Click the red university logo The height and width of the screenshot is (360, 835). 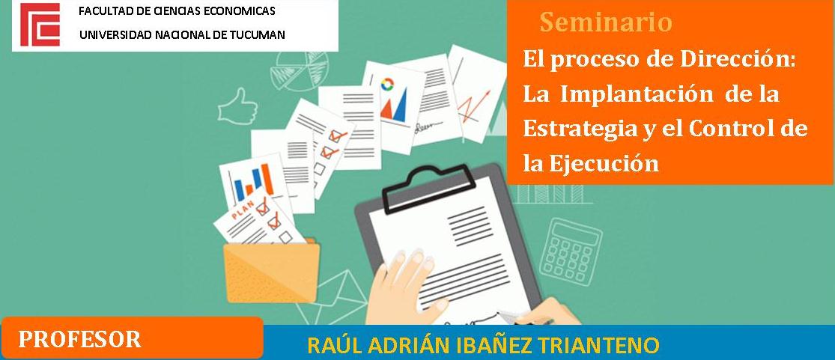tap(40, 25)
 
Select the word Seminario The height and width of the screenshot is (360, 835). tap(606, 22)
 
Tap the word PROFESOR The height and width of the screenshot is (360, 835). tap(80, 339)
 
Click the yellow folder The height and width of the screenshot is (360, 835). tap(272, 272)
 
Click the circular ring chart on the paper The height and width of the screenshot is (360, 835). tap(387, 84)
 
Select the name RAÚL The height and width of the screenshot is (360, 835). tap(332, 344)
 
